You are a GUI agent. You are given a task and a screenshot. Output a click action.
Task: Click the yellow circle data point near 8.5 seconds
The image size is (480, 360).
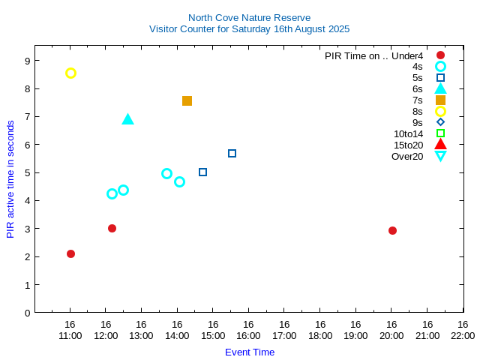[70, 73]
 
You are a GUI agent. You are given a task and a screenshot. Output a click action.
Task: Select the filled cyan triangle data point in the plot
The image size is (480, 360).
[127, 119]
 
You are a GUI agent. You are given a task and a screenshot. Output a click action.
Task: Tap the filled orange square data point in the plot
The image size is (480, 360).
[187, 100]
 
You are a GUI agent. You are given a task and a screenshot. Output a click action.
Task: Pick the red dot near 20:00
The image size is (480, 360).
[392, 230]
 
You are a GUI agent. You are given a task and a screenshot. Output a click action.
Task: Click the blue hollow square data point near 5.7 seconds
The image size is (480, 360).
[232, 153]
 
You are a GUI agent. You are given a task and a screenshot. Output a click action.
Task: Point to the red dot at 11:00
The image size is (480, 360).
[70, 253]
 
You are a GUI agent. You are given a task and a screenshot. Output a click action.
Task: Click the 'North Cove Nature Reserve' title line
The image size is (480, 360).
[249, 17]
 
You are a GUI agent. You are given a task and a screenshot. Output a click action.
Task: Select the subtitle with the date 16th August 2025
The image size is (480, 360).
[249, 29]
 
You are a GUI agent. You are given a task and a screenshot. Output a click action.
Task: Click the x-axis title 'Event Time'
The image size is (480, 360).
[250, 352]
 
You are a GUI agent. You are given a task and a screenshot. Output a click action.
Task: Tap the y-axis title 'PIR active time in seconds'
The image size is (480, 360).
[10, 179]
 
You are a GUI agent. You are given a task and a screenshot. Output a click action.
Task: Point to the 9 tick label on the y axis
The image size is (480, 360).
[27, 61]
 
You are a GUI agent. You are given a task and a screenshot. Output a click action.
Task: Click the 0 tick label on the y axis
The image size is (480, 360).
[27, 313]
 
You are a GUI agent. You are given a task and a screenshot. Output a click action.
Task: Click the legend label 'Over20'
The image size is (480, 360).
[407, 156]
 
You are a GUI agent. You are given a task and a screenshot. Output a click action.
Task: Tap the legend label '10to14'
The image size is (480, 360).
[409, 133]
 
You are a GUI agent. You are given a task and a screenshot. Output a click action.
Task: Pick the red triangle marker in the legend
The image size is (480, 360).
[440, 145]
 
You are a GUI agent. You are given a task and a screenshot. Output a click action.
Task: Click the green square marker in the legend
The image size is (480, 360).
[440, 133]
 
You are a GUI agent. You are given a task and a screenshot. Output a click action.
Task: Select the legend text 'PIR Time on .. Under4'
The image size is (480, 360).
[373, 55]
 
